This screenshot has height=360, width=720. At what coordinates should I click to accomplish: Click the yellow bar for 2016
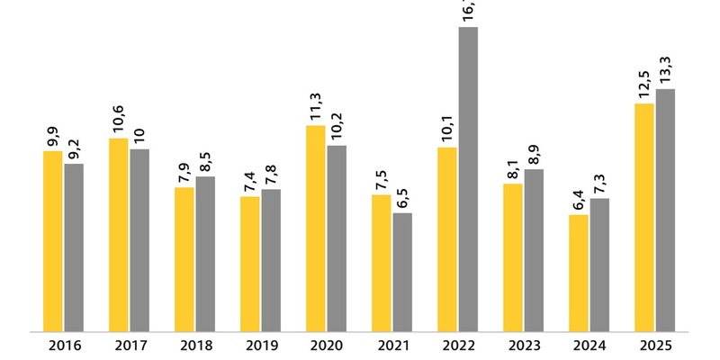tap(53, 241)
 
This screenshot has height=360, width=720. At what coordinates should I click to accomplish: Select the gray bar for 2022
tap(468, 179)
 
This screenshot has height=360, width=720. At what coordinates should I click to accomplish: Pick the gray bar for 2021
tap(402, 272)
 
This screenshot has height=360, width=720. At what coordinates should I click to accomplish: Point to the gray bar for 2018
tap(205, 254)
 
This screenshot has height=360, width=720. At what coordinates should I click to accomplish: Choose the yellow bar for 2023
tap(512, 257)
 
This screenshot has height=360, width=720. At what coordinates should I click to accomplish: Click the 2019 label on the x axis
tap(261, 345)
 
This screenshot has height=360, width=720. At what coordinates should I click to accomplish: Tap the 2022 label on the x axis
tap(458, 345)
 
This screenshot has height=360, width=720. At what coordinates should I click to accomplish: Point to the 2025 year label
tap(655, 345)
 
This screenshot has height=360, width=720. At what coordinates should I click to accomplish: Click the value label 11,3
tap(315, 105)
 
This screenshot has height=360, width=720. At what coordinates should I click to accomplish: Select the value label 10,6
tap(119, 118)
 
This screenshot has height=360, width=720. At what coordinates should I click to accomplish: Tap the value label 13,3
tap(665, 69)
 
